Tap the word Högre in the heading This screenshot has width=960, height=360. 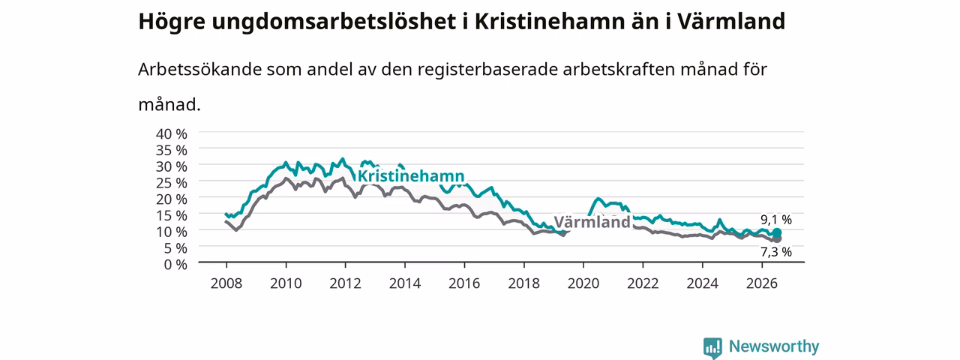[x=172, y=22]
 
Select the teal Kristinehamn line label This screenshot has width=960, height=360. [x=411, y=175]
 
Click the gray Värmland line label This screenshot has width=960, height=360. [x=592, y=222]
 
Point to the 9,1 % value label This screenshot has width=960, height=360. [x=776, y=220]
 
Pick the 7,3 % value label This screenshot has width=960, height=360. [x=776, y=252]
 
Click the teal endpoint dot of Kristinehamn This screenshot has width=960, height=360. [x=776, y=232]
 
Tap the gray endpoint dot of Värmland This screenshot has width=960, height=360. [x=777, y=238]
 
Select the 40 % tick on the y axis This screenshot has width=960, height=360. [x=172, y=134]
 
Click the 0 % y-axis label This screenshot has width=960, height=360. [x=175, y=265]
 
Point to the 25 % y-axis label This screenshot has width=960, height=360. [x=172, y=183]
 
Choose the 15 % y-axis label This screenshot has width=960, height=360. [x=172, y=215]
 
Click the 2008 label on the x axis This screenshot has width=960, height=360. [x=226, y=283]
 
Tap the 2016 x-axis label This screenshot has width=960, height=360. [x=464, y=283]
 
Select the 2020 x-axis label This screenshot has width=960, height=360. [x=583, y=283]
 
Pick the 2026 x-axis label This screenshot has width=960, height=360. [x=762, y=283]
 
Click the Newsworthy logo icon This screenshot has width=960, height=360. [x=712, y=347]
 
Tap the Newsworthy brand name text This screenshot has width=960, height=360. [x=774, y=346]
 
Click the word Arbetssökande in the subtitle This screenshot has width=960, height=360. [x=199, y=70]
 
